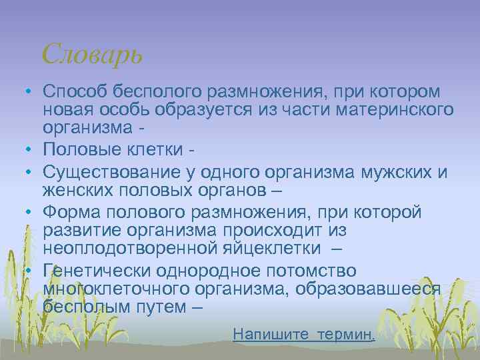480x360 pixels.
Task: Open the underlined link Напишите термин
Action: (x=304, y=334)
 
